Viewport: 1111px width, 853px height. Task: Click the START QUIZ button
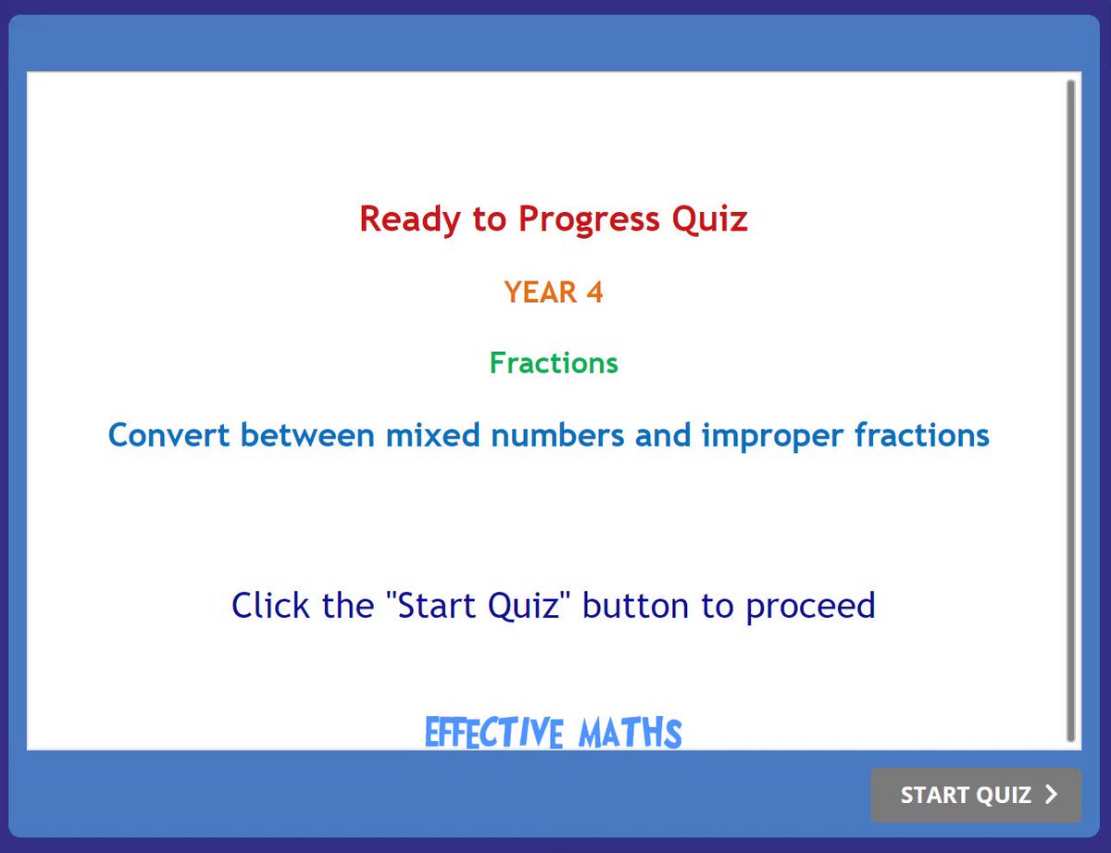coord(976,795)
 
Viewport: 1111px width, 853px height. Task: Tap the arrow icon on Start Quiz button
coord(1051,795)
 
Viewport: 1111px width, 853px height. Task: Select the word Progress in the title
coord(589,220)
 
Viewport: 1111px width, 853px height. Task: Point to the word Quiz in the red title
coord(709,220)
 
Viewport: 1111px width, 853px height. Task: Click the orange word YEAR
coord(540,292)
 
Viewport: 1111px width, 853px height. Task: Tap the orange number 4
coord(594,292)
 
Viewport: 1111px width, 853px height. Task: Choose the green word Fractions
coord(554,363)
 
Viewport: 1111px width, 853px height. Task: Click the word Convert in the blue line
coord(169,435)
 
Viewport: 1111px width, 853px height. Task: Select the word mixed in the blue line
coord(432,435)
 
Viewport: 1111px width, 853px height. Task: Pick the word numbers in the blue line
coord(557,435)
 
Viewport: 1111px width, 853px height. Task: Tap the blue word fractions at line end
coord(922,435)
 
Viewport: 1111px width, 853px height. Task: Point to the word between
coord(307,435)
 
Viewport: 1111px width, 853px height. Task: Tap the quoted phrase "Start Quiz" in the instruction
coord(479,606)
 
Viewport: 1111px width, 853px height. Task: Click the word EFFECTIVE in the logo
coord(493,733)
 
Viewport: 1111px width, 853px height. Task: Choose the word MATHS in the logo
coord(630,733)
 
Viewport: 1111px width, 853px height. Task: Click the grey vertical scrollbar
coord(1070,410)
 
